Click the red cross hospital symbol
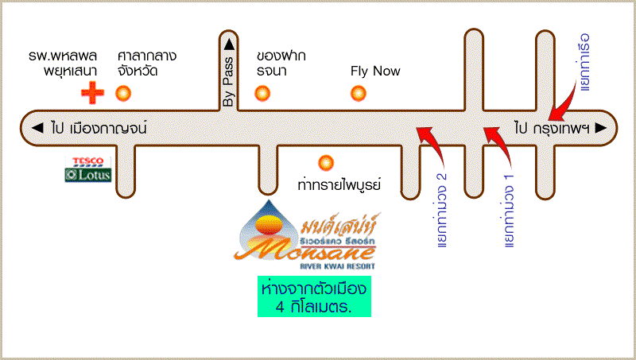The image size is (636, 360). coord(93,94)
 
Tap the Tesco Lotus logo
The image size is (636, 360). coord(88,169)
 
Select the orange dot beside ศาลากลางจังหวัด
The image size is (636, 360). coord(123,94)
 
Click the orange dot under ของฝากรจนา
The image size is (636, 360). coord(262,94)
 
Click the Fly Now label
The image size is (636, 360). coord(375,72)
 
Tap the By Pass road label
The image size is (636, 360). coord(230,82)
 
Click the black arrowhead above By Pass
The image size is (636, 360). coord(230,44)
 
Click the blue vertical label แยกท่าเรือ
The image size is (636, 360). coord(586,62)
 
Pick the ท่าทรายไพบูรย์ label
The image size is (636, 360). coord(339,185)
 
